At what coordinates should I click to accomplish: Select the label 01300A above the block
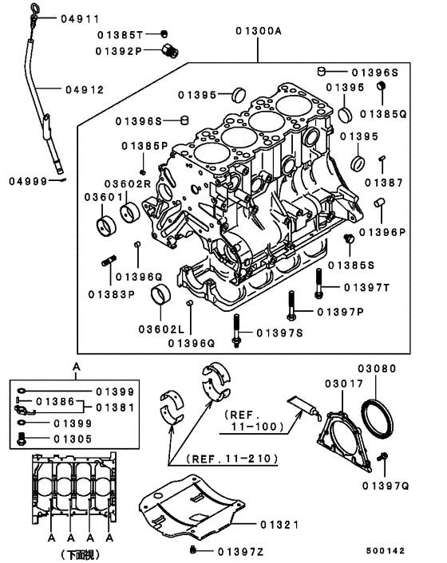(258, 32)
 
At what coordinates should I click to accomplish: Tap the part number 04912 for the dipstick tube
(85, 89)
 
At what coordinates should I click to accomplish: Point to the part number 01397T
(366, 286)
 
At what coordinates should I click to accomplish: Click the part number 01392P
(119, 51)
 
